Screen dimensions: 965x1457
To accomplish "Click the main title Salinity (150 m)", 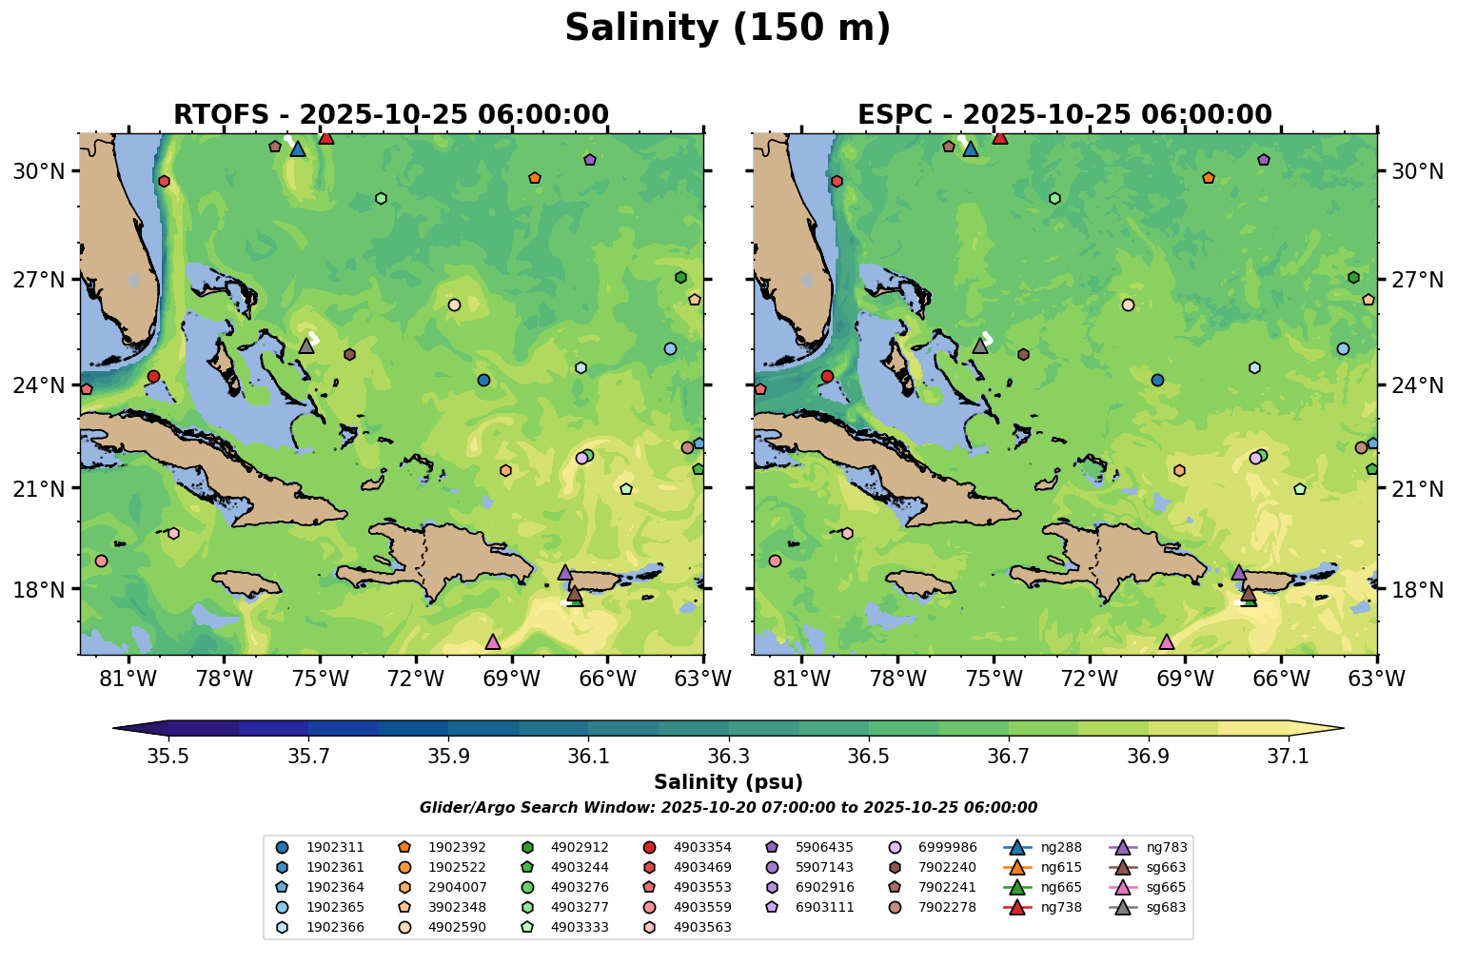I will pyautogui.click(x=727, y=29).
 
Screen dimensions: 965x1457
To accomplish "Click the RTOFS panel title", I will pyautogui.click(x=390, y=115).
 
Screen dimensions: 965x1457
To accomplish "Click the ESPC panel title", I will pyautogui.click(x=1064, y=115).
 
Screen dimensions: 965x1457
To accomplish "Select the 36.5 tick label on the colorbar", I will pyautogui.click(x=868, y=756).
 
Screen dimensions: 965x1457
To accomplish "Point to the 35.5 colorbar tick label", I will pyautogui.click(x=167, y=756).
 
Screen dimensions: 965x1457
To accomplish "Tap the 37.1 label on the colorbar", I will pyautogui.click(x=1289, y=756).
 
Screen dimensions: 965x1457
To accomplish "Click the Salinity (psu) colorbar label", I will pyautogui.click(x=728, y=782).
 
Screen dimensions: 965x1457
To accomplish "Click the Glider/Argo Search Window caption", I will pyautogui.click(x=728, y=808).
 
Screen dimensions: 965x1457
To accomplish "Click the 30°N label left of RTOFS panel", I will pyautogui.click(x=39, y=171).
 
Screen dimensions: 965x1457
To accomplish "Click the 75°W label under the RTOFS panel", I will pyautogui.click(x=320, y=679).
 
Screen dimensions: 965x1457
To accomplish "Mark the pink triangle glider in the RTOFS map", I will pyautogui.click(x=492, y=642).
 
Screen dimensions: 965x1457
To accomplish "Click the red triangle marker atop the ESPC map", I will pyautogui.click(x=999, y=137).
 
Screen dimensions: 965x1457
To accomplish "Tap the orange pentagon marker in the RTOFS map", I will pyautogui.click(x=534, y=178).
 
